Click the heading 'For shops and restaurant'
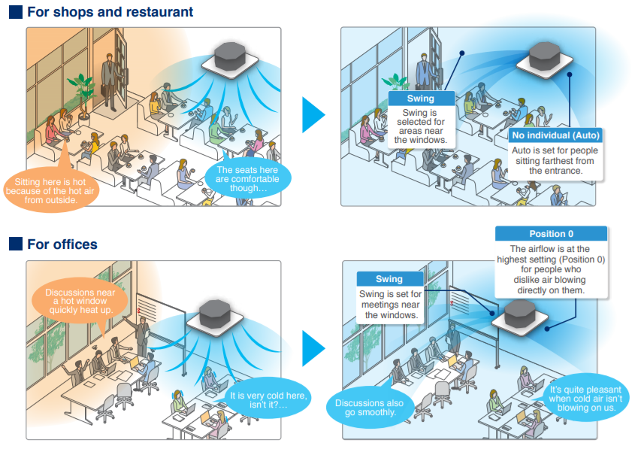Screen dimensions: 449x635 [x=110, y=12]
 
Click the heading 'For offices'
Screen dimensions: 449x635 [x=62, y=244]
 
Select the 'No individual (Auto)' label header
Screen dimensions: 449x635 [x=555, y=135]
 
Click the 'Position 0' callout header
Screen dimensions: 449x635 [x=552, y=234]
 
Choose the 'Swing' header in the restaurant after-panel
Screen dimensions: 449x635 [x=422, y=99]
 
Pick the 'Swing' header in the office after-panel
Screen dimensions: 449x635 [x=389, y=279]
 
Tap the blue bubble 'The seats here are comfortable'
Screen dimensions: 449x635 [x=247, y=179]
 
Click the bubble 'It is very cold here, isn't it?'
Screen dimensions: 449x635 [x=268, y=400]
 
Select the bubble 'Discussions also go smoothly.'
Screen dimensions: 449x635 [x=368, y=408]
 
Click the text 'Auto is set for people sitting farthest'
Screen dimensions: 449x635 [x=555, y=161]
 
